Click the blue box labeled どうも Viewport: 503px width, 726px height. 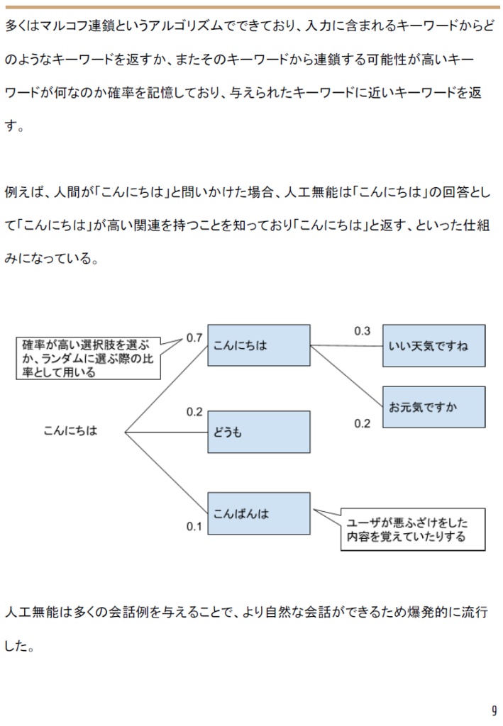point(258,432)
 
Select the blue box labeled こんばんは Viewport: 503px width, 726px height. point(258,513)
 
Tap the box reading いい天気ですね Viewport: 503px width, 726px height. point(433,346)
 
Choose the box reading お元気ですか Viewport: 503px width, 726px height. point(433,407)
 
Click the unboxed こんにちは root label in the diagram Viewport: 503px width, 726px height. point(70,430)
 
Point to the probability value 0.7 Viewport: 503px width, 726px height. point(194,337)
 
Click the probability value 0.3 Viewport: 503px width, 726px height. point(362,331)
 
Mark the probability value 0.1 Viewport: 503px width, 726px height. point(194,526)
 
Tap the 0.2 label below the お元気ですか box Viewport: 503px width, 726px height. point(362,423)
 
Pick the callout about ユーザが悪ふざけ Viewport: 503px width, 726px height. point(412,530)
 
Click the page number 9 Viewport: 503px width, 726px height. point(493,711)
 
